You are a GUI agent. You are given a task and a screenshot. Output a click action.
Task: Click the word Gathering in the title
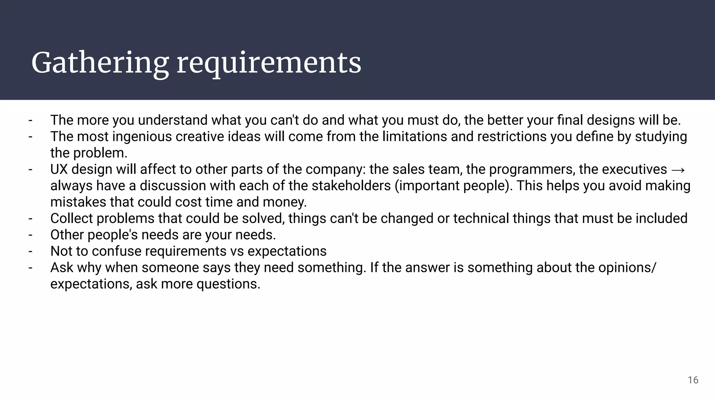pyautogui.click(x=100, y=64)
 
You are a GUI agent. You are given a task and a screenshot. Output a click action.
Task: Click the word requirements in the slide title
pyautogui.click(x=269, y=64)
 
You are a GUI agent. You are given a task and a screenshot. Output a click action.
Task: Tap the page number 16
pyautogui.click(x=693, y=380)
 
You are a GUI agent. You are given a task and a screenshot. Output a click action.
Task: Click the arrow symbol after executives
pyautogui.click(x=678, y=170)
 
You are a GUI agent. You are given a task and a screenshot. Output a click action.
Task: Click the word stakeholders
pyautogui.click(x=351, y=186)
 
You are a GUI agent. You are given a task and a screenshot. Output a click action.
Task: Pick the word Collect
pyautogui.click(x=71, y=218)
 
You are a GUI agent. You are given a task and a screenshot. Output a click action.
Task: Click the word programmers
pyautogui.click(x=531, y=169)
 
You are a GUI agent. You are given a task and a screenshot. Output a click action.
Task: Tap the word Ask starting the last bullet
pyautogui.click(x=61, y=268)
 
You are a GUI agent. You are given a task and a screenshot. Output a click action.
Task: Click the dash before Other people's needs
pyautogui.click(x=31, y=235)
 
